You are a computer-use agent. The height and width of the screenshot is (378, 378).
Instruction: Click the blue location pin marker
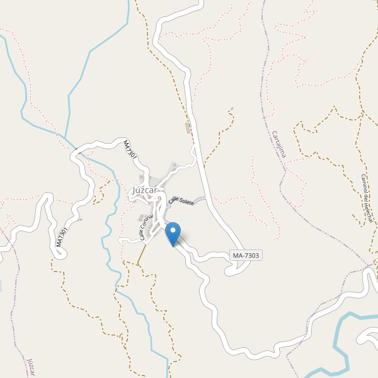click(x=172, y=234)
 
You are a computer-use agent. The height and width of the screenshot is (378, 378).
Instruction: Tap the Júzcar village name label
click(x=146, y=190)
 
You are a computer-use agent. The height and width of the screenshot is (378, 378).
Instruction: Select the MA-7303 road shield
click(x=246, y=255)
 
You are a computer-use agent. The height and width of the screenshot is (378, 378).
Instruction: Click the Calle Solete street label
click(x=181, y=201)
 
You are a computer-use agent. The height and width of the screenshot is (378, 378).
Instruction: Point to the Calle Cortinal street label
click(x=147, y=227)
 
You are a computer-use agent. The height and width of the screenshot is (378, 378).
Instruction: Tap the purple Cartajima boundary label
click(x=279, y=144)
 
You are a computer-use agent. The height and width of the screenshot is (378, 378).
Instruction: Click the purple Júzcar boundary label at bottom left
click(x=30, y=367)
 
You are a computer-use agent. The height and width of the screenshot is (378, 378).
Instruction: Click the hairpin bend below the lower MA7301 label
click(x=58, y=254)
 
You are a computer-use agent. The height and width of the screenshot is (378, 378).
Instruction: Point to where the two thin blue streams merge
click(x=66, y=135)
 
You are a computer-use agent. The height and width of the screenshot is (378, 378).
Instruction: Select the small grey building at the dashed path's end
click(x=232, y=109)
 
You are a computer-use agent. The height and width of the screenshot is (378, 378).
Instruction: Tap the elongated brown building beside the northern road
click(x=188, y=128)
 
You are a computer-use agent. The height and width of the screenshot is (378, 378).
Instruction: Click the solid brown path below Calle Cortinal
click(x=142, y=254)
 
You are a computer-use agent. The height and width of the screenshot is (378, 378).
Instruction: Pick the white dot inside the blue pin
click(x=172, y=230)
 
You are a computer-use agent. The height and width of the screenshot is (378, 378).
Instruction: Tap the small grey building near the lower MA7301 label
click(x=81, y=219)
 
